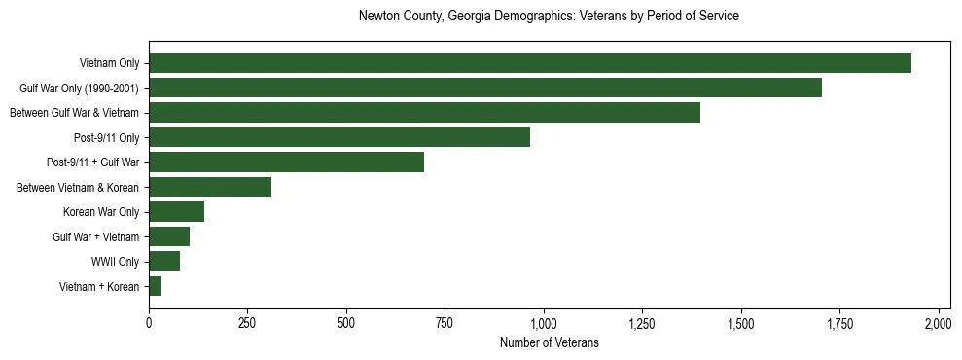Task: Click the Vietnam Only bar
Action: [x=530, y=63]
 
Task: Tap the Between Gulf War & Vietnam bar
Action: [x=424, y=113]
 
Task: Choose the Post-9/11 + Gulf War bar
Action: [x=286, y=162]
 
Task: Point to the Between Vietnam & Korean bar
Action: [x=210, y=187]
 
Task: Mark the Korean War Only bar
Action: [x=176, y=212]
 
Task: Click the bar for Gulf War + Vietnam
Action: [x=169, y=236]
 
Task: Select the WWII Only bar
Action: [x=164, y=262]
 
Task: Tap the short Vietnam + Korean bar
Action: [x=156, y=286]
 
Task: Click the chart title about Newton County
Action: [x=549, y=17]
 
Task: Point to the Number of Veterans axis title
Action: [x=549, y=342]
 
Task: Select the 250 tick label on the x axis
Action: [x=247, y=322]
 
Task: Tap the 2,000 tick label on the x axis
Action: [x=939, y=322]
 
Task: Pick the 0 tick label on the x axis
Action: [x=149, y=322]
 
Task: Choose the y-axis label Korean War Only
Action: [x=101, y=212]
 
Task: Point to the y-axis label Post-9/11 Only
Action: [x=107, y=137]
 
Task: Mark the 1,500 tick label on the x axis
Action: [x=741, y=322]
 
